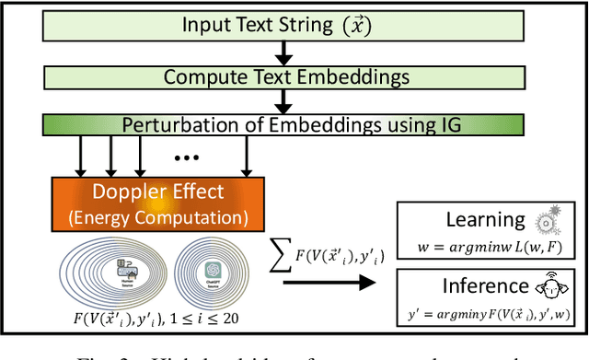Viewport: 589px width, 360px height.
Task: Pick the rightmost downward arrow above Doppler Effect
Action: pos(246,157)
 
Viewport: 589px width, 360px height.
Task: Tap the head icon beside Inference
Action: pos(546,285)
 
